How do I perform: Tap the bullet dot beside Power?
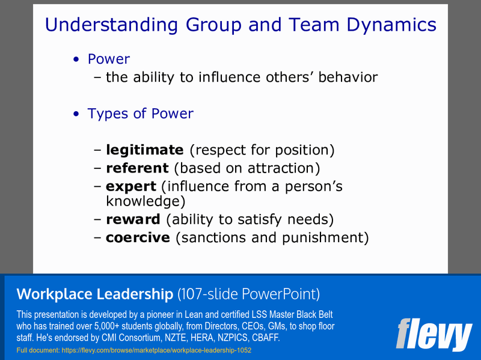76,59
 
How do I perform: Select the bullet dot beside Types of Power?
76,114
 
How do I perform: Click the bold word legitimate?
144,150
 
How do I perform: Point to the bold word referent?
136,168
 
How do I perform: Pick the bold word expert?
130,187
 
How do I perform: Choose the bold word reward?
133,219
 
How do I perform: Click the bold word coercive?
138,237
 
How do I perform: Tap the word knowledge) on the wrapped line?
145,201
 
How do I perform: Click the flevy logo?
434,334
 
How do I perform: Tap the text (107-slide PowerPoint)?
248,294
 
